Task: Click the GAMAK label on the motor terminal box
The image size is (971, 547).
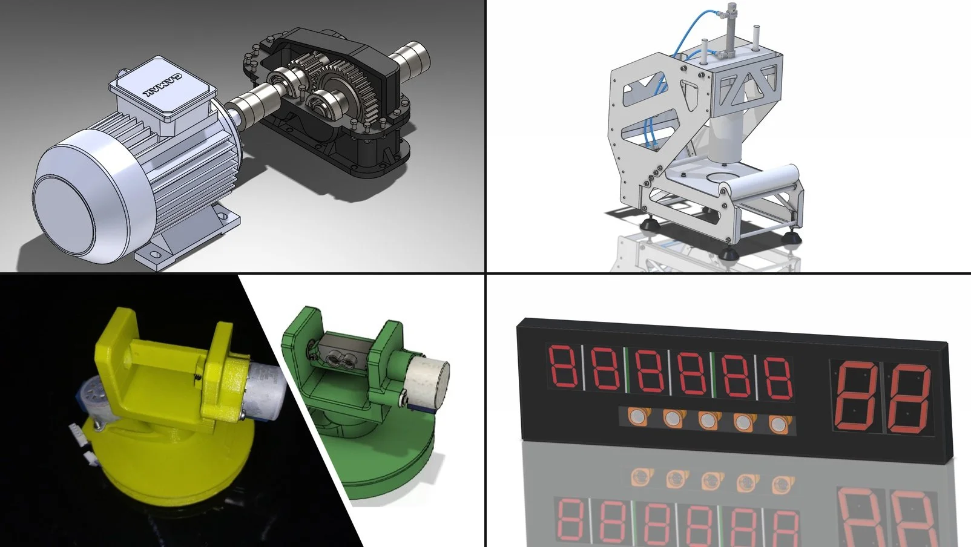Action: coord(162,85)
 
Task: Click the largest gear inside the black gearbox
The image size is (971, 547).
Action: coord(347,100)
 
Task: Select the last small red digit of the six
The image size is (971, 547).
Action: coord(777,378)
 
